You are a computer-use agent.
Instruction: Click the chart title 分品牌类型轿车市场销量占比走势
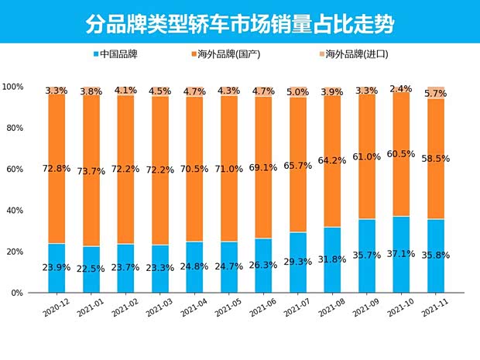(239, 24)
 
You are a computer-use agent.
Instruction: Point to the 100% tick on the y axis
(13, 87)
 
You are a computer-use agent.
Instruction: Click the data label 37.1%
(400, 255)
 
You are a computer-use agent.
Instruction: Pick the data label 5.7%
(436, 93)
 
